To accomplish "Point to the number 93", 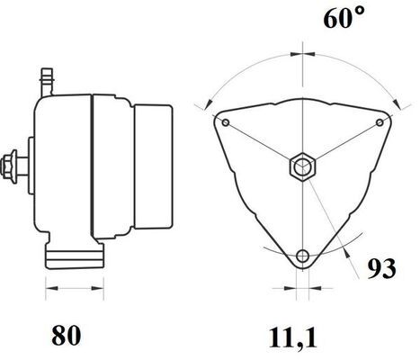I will (x=380, y=267).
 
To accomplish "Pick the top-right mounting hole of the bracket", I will (x=379, y=121).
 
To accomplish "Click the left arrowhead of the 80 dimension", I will (x=49, y=290).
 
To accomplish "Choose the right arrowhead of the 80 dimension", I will (x=90, y=290).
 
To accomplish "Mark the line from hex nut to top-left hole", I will (x=264, y=144).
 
